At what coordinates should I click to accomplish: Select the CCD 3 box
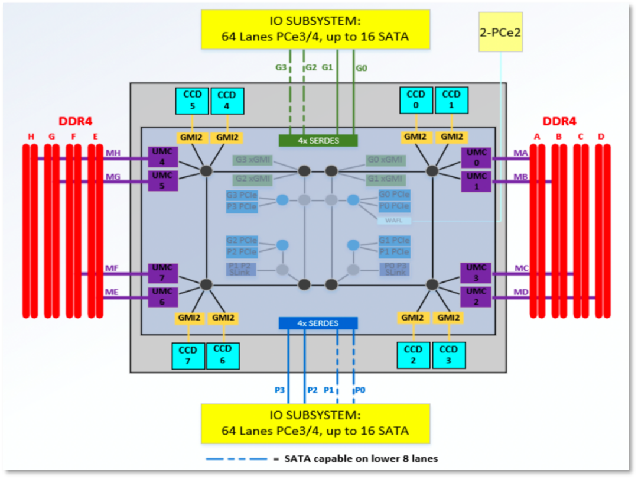point(448,355)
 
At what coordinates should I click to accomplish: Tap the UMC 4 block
point(163,157)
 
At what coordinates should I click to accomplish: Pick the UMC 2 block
point(476,296)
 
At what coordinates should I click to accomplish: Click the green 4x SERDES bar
point(318,141)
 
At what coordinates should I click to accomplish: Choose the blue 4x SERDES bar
point(318,323)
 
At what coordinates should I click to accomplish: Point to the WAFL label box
point(393,221)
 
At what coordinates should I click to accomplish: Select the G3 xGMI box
point(252,160)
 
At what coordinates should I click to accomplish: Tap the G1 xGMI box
point(385,179)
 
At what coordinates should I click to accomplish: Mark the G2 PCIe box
point(241,241)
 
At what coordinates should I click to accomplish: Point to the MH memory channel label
point(112,154)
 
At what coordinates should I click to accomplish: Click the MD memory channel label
point(521,292)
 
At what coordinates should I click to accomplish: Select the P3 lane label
point(279,390)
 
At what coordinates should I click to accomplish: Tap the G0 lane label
point(362,68)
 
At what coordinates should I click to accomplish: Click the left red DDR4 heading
point(75,122)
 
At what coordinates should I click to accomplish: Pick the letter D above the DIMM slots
point(601,137)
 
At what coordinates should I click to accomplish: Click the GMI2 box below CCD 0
point(415,137)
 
